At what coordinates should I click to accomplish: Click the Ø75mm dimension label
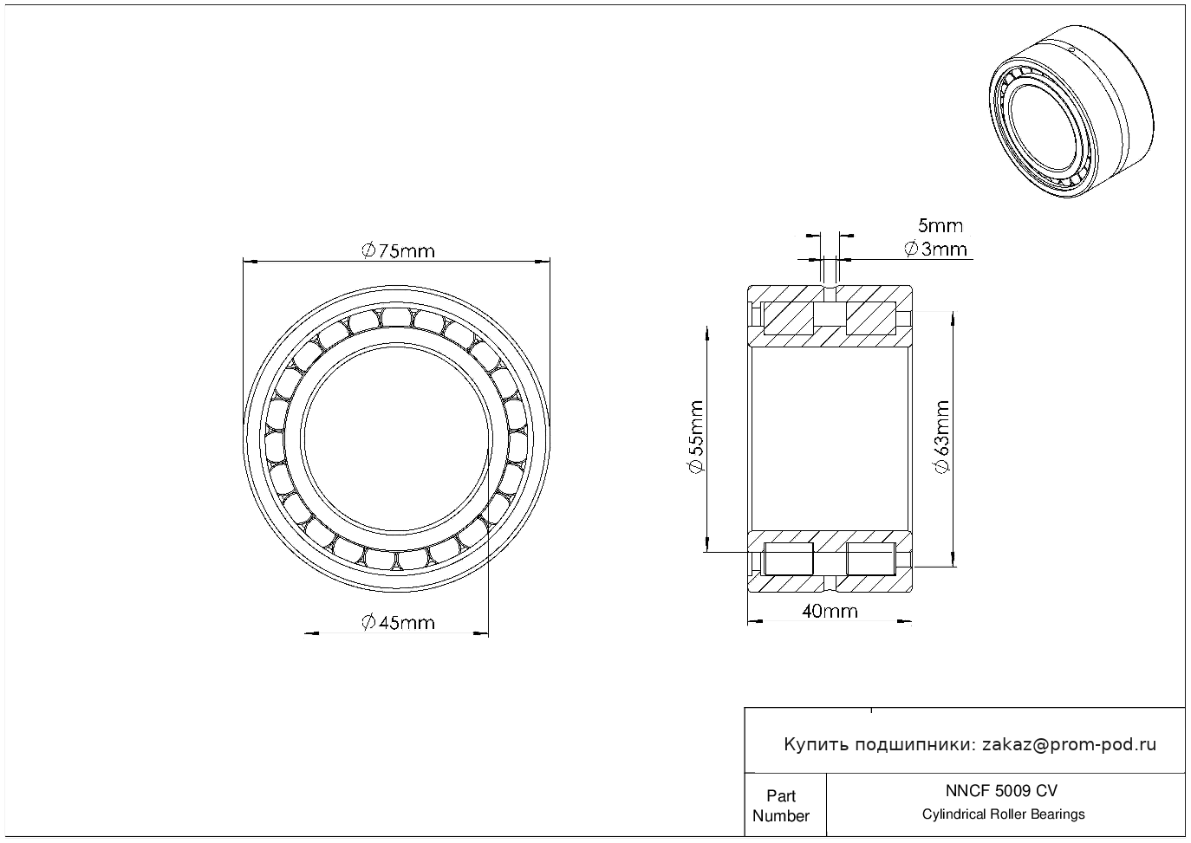pos(398,250)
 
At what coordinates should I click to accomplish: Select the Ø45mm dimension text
pos(398,622)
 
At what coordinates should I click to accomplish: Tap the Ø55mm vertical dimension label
pos(696,437)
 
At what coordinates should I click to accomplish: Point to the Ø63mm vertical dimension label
pos(941,437)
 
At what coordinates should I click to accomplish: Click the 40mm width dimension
pos(830,612)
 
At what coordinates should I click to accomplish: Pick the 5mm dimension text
pos(940,226)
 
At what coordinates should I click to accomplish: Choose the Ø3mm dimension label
pos(936,249)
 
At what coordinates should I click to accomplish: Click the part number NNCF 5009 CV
pos(1002,791)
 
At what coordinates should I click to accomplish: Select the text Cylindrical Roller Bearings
pos(1003,814)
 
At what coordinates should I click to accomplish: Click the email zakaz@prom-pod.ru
pos(1070,745)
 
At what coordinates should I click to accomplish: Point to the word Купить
pos(817,745)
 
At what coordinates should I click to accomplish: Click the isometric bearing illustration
pos(1071,112)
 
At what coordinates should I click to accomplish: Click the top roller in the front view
pos(396,317)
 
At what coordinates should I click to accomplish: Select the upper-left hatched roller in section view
pos(788,318)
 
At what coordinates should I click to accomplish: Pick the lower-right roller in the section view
pos(871,559)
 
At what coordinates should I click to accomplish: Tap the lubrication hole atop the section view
pos(830,294)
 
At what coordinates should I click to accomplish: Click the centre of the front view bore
pos(397,438)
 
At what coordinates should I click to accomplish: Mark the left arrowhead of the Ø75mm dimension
pos(251,261)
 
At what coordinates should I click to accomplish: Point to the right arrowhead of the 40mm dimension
pos(904,621)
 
